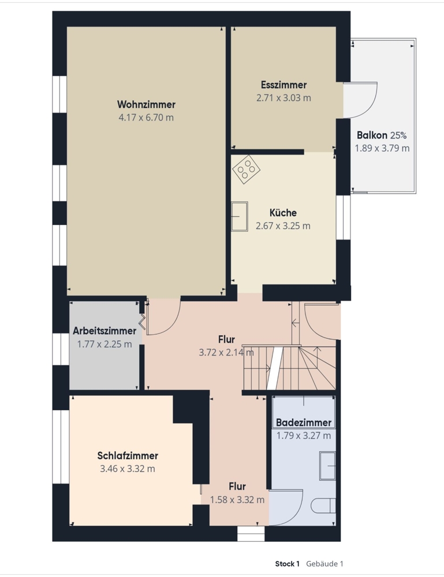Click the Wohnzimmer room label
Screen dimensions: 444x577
[146, 104]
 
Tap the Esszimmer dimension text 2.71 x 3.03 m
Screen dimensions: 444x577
[283, 98]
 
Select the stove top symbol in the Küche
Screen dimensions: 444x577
[247, 169]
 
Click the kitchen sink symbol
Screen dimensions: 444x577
[239, 216]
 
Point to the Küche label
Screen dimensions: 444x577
[283, 213]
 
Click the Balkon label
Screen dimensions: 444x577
[372, 135]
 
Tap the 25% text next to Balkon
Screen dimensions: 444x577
[398, 136]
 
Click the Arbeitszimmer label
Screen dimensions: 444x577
[105, 331]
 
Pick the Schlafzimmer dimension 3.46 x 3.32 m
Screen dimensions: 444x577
[128, 469]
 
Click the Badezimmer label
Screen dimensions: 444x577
[304, 422]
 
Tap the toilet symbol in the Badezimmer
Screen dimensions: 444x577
[323, 505]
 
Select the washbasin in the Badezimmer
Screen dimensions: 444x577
[327, 466]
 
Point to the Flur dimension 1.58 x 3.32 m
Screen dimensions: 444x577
[237, 500]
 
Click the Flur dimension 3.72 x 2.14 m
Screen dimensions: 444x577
[226, 353]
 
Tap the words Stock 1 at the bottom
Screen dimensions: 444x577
[287, 564]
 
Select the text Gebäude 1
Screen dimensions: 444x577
[324, 564]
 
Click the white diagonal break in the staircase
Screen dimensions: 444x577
[275, 368]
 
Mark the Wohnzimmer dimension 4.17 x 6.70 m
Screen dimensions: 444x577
[146, 118]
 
